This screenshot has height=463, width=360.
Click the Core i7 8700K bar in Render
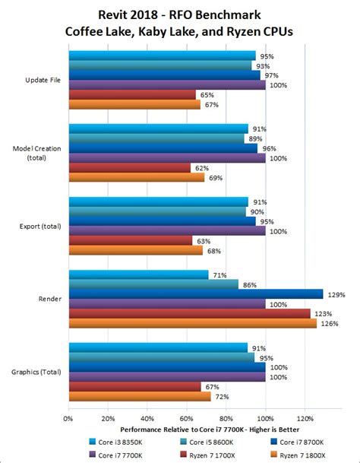click(196, 293)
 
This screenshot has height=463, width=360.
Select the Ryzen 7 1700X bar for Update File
click(132, 94)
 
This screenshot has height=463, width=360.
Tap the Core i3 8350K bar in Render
click(138, 274)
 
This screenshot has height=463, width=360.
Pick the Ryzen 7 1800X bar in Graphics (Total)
click(140, 396)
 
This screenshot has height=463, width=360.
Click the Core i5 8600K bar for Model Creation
click(156, 138)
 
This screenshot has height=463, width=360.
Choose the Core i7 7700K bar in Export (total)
click(167, 230)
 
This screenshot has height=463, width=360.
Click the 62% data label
click(201, 167)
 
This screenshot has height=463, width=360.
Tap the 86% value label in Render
click(250, 284)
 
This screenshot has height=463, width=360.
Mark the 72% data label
click(221, 396)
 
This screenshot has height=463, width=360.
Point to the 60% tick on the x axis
click(187, 417)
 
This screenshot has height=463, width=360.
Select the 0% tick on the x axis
click(68, 417)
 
